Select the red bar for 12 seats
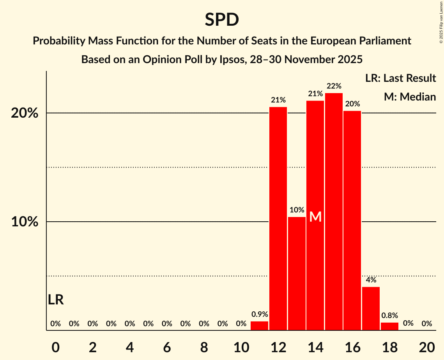point(278,218)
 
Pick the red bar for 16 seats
point(352,221)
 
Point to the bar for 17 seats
point(371,309)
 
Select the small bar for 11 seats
point(259,326)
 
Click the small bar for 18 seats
point(389,326)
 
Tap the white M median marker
point(315,217)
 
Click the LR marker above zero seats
point(56,300)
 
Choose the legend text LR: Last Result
point(400,78)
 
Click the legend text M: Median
point(410,97)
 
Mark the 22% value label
point(334,86)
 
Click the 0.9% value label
point(259,314)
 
